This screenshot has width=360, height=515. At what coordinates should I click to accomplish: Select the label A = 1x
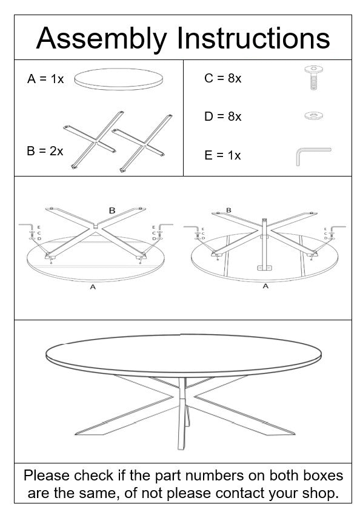coord(45,79)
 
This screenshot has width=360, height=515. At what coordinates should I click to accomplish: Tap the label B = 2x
coord(45,151)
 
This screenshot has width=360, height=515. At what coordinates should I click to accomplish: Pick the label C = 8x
coord(222,79)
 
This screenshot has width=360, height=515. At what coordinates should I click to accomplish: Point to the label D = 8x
coord(222,116)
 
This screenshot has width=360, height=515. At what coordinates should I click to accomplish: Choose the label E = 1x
coord(222,155)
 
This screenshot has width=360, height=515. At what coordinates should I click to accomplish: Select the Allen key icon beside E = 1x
coord(312,155)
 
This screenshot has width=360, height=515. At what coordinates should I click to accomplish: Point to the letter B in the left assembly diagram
coord(112,210)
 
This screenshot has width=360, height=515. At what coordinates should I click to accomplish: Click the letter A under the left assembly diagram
coord(93,287)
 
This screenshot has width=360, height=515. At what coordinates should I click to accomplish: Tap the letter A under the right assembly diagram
coord(265,286)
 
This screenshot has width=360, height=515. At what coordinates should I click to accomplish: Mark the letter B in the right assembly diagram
coord(228,210)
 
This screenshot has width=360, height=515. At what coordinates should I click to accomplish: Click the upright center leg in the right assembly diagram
coord(264,243)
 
